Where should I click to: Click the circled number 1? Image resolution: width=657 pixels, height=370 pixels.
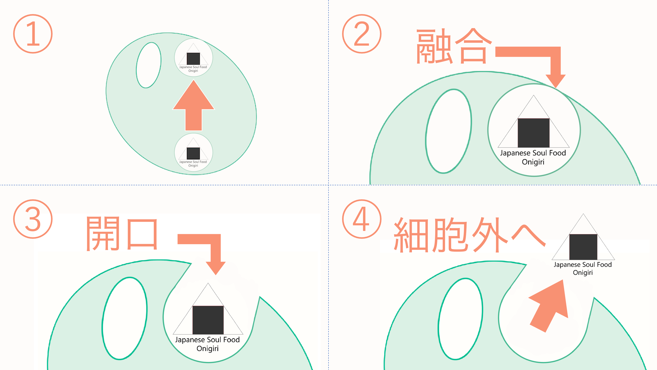click(x=33, y=34)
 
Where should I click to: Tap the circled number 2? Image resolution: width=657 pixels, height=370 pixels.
click(x=362, y=34)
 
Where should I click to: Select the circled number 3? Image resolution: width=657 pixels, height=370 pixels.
click(x=33, y=219)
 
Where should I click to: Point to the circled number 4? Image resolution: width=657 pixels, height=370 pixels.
click(x=362, y=219)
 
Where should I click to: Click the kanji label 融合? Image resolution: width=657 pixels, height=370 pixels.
click(x=454, y=46)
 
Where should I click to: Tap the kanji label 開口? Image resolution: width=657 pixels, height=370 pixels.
click(x=122, y=233)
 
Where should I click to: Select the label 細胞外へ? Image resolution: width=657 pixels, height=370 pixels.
click(x=470, y=235)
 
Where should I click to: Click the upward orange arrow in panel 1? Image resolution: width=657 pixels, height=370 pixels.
click(x=194, y=105)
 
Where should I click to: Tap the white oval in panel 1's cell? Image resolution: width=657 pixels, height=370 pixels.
click(x=149, y=65)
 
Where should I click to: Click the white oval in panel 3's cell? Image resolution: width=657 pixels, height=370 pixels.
click(x=124, y=318)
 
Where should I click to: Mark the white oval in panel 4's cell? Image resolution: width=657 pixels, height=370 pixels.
click(x=460, y=319)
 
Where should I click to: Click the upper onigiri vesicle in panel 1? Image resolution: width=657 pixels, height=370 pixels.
click(x=193, y=57)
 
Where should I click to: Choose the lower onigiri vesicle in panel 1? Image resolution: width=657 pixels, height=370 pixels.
click(x=193, y=152)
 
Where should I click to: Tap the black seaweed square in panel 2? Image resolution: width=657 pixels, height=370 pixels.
click(x=533, y=133)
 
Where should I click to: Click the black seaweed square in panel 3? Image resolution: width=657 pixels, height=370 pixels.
click(x=208, y=320)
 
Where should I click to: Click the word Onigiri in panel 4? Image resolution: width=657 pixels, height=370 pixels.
click(x=583, y=273)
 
